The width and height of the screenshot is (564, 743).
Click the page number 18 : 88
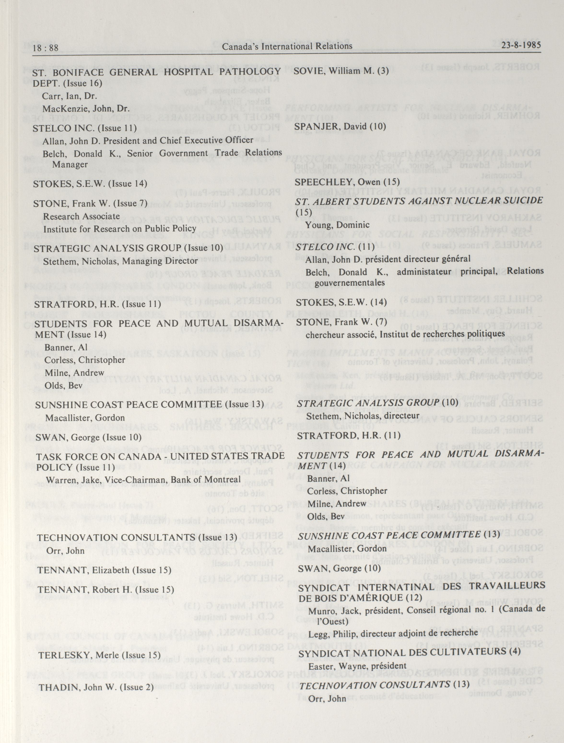click(x=45, y=48)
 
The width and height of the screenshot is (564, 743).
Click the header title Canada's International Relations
click(x=287, y=46)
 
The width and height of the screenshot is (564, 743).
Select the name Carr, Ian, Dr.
click(x=70, y=96)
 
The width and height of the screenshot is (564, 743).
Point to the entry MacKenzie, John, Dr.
click(x=86, y=109)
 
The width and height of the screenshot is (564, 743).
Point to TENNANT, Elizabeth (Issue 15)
click(x=104, y=570)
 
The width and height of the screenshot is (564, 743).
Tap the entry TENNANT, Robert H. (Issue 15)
click(x=106, y=590)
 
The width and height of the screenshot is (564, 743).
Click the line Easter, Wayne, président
click(x=357, y=666)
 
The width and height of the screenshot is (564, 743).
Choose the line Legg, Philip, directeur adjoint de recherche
click(x=393, y=634)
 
